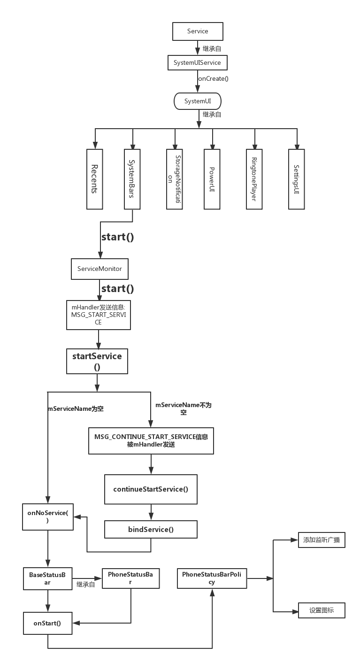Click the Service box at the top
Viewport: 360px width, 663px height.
click(x=198, y=31)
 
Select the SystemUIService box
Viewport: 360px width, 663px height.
click(x=197, y=62)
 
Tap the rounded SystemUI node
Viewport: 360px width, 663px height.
click(x=197, y=101)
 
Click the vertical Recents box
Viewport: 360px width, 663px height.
click(x=94, y=179)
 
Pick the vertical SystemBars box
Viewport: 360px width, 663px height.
click(x=132, y=179)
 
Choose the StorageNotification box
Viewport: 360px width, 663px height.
click(x=174, y=179)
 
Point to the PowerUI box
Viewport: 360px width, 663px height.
click(x=212, y=179)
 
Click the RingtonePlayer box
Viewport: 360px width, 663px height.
click(x=254, y=179)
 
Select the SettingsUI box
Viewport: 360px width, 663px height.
click(x=296, y=179)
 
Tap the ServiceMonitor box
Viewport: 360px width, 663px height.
click(x=100, y=269)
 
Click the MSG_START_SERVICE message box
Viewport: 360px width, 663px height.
click(x=98, y=315)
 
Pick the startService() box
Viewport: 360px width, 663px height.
click(x=97, y=361)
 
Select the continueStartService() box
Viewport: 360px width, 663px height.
click(x=151, y=489)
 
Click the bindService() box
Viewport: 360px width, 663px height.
click(x=151, y=530)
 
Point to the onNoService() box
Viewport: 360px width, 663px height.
click(x=48, y=517)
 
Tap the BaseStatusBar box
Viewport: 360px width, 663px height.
click(x=47, y=578)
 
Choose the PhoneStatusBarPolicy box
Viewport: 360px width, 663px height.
click(x=212, y=578)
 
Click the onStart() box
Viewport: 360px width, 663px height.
click(x=47, y=624)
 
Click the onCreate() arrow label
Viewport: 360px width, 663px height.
click(x=213, y=79)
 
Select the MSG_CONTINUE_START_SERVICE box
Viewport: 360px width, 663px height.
click(x=151, y=440)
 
